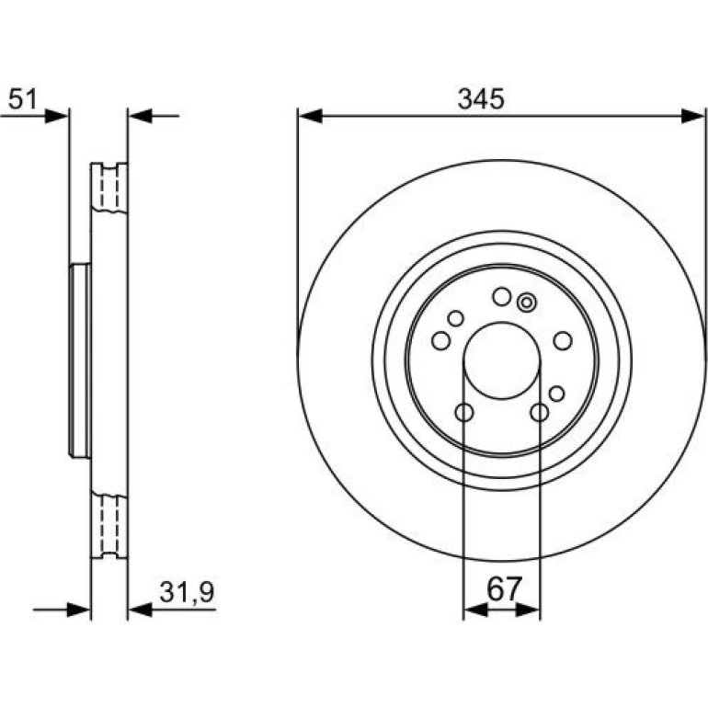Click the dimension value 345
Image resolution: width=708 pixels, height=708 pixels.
click(x=480, y=99)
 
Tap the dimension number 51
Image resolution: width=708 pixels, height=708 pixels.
click(x=23, y=99)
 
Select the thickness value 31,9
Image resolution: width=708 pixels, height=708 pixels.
click(x=187, y=592)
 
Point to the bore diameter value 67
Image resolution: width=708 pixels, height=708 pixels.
click(x=505, y=588)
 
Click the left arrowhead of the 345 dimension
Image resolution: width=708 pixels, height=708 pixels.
click(x=310, y=116)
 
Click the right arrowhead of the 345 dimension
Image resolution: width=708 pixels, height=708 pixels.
click(x=692, y=116)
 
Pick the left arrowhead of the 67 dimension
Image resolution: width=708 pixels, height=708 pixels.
click(x=475, y=611)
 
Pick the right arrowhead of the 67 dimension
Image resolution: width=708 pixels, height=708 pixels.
click(x=528, y=611)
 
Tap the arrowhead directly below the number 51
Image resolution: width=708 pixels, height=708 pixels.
click(x=56, y=116)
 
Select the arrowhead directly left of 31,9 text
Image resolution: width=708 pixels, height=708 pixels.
click(x=140, y=611)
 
